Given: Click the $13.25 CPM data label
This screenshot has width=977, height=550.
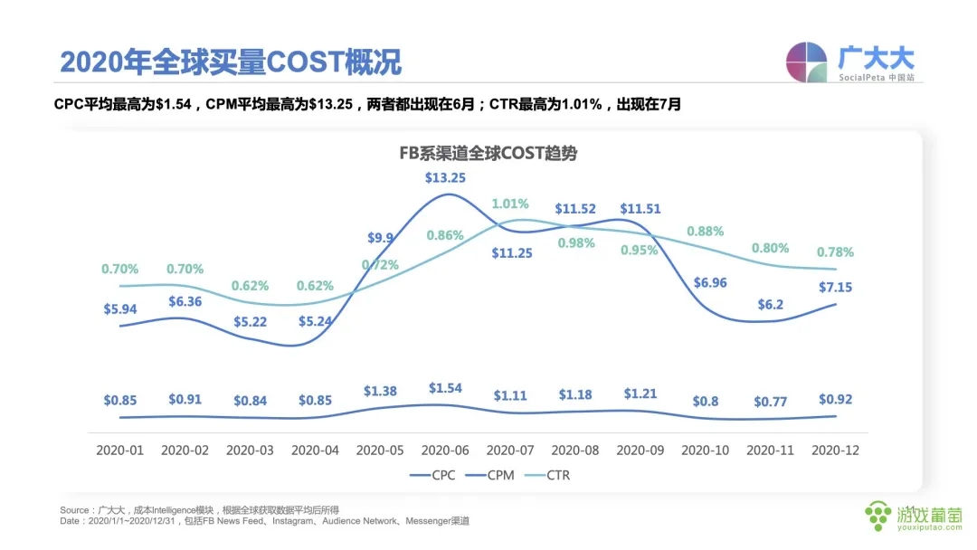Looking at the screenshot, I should (445, 177).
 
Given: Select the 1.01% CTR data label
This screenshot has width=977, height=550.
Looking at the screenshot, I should (510, 204).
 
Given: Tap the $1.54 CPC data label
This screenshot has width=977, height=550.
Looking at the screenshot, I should (444, 388).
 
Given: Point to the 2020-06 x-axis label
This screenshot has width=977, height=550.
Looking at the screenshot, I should (444, 450).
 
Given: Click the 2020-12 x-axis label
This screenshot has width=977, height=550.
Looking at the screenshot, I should (835, 450).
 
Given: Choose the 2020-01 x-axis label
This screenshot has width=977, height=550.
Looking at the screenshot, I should (120, 450).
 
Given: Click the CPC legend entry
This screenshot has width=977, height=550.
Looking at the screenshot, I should (435, 474).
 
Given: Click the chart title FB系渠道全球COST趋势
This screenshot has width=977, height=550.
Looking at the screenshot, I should (488, 154).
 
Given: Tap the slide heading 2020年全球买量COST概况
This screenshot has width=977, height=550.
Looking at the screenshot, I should (231, 62).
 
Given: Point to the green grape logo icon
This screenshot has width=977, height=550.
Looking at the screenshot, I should (877, 516).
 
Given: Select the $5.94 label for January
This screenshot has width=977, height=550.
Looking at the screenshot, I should (120, 308).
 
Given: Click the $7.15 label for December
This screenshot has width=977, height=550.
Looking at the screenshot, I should (835, 287).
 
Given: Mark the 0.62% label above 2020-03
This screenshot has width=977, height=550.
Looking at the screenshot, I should (250, 286).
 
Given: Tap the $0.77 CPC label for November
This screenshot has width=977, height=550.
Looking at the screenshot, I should (770, 400).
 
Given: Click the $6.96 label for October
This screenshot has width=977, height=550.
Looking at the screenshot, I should (705, 283).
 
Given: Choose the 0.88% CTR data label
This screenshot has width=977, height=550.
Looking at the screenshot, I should (707, 231).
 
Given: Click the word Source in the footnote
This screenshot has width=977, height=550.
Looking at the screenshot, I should (74, 510).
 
